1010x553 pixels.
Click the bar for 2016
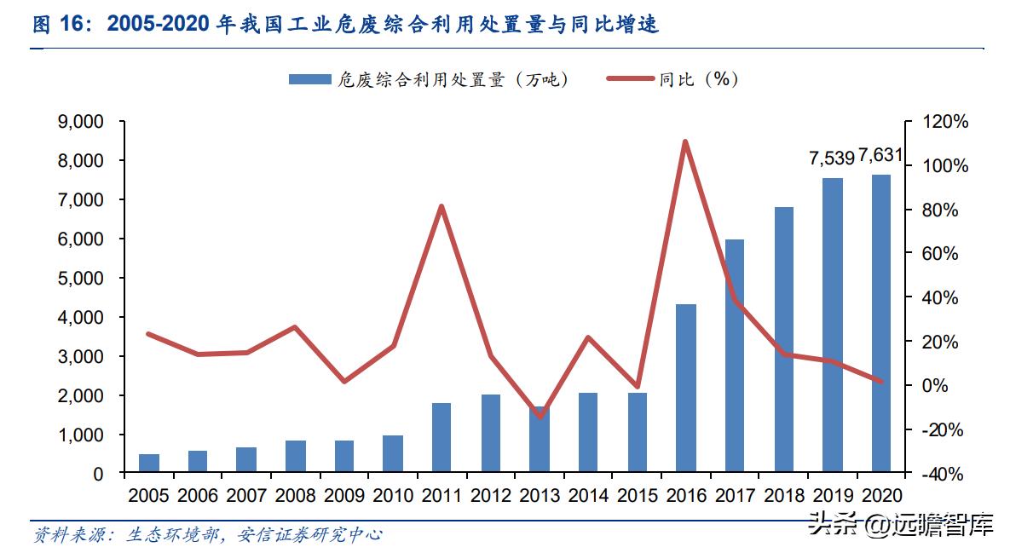[686, 388]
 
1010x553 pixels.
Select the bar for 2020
[880, 324]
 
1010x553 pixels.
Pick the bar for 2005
[149, 464]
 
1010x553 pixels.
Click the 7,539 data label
[831, 158]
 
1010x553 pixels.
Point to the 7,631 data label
[880, 155]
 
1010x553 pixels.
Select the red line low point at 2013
[540, 417]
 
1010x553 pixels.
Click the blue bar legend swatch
[309, 79]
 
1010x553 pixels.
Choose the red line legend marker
[630, 79]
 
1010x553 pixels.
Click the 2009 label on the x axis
[344, 495]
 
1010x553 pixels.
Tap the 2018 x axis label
[783, 495]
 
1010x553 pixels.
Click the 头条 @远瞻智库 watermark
[902, 526]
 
